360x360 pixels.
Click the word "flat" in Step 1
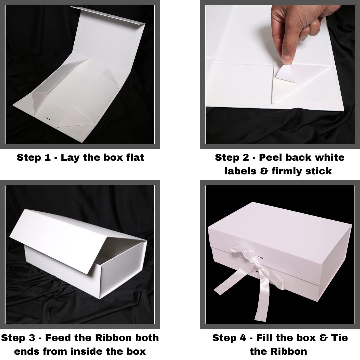[135, 157]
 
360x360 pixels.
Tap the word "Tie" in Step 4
[339, 338]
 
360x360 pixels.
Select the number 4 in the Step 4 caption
[243, 338]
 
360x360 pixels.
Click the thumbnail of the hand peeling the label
[280, 74]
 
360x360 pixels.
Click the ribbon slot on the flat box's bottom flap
[48, 119]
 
